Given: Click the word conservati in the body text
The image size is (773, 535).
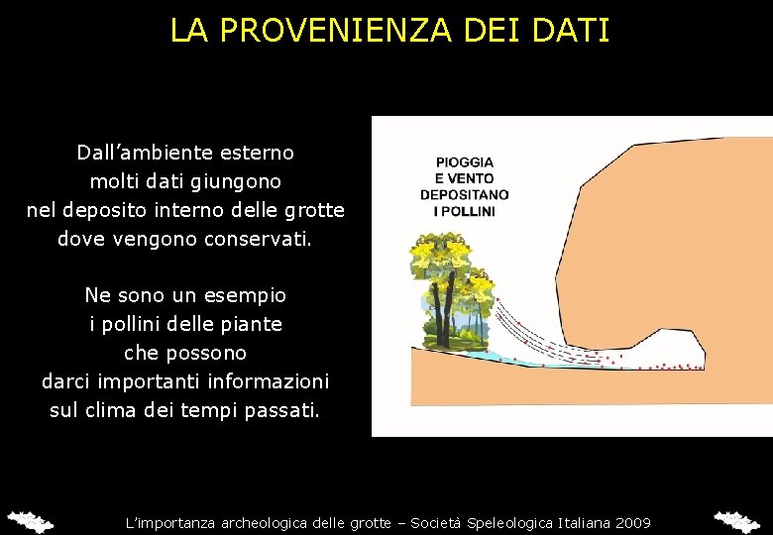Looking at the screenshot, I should pyautogui.click(x=258, y=239).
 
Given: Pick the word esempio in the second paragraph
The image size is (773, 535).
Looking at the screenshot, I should pyautogui.click(x=246, y=295).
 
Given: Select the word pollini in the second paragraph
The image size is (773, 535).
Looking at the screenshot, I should pyautogui.click(x=136, y=324).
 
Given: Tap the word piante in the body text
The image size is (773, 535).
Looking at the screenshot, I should pyautogui.click(x=253, y=324).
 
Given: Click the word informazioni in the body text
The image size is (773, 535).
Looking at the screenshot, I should pyautogui.click(x=268, y=381).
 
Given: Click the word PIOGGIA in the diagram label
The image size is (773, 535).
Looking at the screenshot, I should pyautogui.click(x=465, y=161).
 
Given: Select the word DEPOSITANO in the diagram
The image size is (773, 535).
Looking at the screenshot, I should pyautogui.click(x=465, y=195).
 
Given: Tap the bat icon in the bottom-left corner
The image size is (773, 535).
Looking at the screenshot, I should pyautogui.click(x=30, y=520).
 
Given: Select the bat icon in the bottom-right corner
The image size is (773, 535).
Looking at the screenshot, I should pyautogui.click(x=737, y=520).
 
